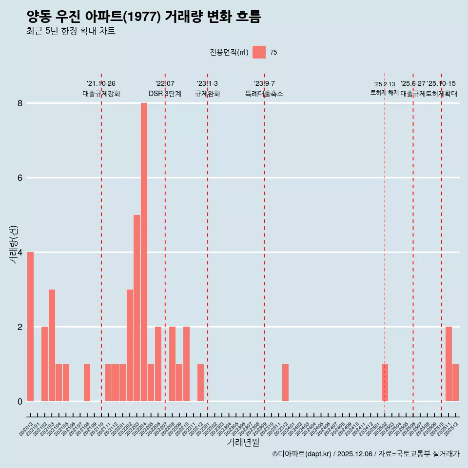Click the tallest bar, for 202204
(144, 252)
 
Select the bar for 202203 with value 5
(136, 308)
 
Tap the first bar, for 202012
(30, 327)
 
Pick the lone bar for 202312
(285, 383)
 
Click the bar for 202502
(385, 383)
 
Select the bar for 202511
(448, 364)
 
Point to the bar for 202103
(52, 345)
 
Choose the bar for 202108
(87, 383)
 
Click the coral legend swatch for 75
(259, 52)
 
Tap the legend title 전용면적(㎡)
(229, 53)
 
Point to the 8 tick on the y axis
(20, 103)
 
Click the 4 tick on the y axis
(20, 253)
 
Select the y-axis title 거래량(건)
(13, 244)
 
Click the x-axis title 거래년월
(243, 443)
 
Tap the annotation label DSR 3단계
(165, 94)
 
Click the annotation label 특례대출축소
(264, 94)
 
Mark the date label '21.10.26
(101, 84)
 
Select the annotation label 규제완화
(207, 94)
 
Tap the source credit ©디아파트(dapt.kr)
(302, 454)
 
